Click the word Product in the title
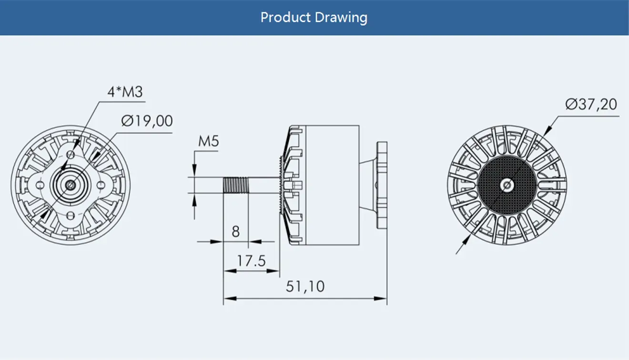[285, 18]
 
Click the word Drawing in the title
[341, 18]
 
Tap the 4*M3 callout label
[125, 91]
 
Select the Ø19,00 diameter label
[147, 121]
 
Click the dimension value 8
[235, 232]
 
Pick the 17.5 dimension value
[251, 261]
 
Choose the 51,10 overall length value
[305, 287]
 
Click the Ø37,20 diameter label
[591, 104]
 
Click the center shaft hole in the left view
[71, 185]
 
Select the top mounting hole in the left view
[71, 155]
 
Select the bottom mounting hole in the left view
[71, 215]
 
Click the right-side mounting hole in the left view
[101, 185]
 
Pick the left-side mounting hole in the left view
[41, 185]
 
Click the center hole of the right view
[507, 185]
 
